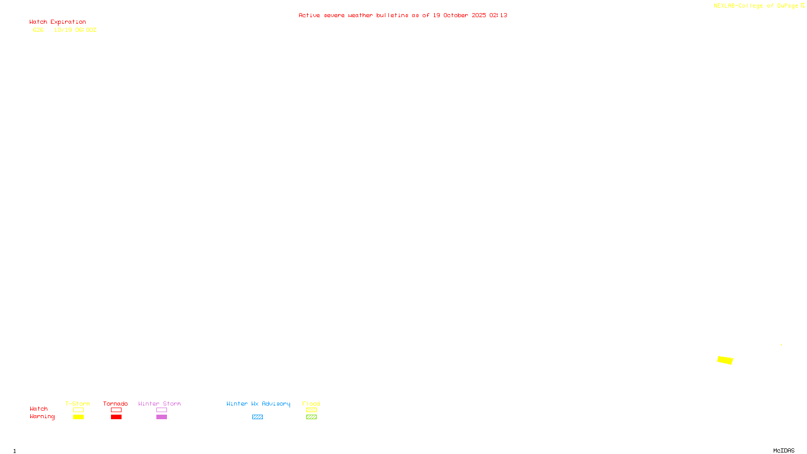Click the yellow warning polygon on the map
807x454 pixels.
click(x=725, y=360)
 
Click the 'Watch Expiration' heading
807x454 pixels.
click(x=57, y=22)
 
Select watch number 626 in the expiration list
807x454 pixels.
click(x=38, y=30)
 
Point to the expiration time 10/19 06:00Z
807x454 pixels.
click(x=75, y=30)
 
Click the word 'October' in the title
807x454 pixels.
click(x=455, y=15)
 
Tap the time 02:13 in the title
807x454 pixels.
click(x=498, y=15)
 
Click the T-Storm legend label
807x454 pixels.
click(x=78, y=404)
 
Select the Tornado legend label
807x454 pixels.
click(x=116, y=404)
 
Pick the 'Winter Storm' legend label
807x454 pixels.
click(x=159, y=404)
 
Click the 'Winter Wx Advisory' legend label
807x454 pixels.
click(x=258, y=404)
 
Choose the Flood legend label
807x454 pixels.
click(x=311, y=404)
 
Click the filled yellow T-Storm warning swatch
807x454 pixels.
click(x=78, y=417)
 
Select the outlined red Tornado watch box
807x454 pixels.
click(x=116, y=410)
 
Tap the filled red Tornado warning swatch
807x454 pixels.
click(x=116, y=417)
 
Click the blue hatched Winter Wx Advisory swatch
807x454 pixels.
click(x=257, y=417)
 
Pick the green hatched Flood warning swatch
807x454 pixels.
click(x=311, y=417)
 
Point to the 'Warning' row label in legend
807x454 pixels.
click(x=42, y=417)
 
